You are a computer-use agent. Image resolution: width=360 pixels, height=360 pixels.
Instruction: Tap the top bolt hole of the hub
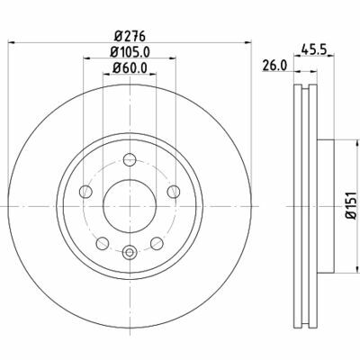128,160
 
